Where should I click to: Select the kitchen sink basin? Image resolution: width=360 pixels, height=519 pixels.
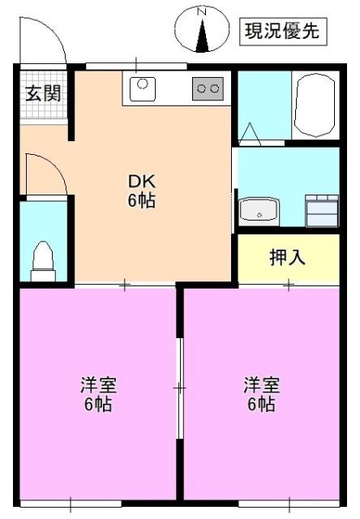point(144,84)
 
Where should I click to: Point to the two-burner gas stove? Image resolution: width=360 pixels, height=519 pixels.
point(208,88)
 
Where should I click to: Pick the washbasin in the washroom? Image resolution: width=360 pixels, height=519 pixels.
point(259,212)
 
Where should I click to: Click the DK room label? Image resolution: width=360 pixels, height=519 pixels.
point(141,183)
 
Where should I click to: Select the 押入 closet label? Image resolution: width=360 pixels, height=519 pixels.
point(287,259)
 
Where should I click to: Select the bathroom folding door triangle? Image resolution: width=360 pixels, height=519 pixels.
point(250,131)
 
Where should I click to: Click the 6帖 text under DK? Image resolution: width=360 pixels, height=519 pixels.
point(141,202)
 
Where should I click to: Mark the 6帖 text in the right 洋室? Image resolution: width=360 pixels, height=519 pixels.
point(261,403)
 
